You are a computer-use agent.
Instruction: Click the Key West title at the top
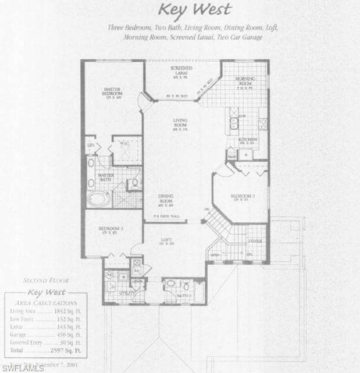click(x=195, y=10)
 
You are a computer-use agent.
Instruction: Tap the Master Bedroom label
click(x=112, y=91)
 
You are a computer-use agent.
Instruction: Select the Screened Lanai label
click(x=181, y=70)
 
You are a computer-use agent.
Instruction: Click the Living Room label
click(x=180, y=123)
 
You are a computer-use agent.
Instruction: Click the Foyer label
click(x=255, y=241)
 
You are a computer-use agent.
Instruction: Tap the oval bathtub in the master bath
click(x=101, y=199)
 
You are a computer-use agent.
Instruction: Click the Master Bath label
click(x=106, y=177)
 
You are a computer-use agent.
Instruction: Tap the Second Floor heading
click(x=42, y=280)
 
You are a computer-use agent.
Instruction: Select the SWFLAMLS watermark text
click(x=23, y=368)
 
